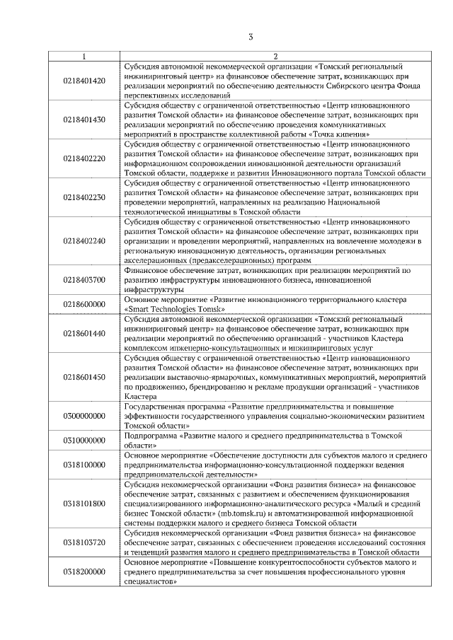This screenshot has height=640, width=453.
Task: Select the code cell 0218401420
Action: [84, 81]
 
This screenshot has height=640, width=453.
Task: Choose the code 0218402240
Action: [84, 240]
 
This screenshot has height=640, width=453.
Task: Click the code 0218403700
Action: [84, 279]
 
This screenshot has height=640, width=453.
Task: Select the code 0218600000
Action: [84, 304]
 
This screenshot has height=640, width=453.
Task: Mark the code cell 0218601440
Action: [84, 333]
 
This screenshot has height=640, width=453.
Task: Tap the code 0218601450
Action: [84, 377]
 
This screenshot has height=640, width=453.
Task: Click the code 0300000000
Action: [84, 416]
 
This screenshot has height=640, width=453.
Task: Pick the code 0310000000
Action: [84, 441]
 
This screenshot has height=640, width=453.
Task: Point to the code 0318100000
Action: [84, 465]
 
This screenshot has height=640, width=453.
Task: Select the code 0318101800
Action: [84, 503]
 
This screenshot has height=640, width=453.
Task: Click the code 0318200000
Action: [84, 571]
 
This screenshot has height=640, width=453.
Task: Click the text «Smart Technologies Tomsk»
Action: [174, 309]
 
